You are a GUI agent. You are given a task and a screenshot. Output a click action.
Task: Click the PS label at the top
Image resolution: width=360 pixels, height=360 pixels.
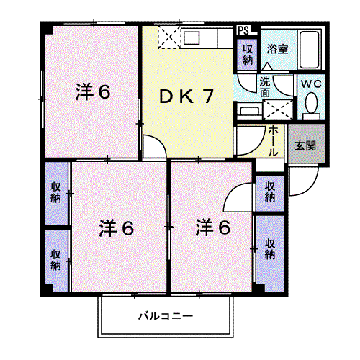click(x=243, y=30)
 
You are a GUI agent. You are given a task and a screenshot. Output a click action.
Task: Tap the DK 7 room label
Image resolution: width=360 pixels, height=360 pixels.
click(x=186, y=96)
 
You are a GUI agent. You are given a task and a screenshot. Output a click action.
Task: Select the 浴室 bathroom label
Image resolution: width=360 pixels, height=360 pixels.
click(x=277, y=49)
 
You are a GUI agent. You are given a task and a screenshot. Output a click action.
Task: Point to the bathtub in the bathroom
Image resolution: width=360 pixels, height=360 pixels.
click(x=309, y=49)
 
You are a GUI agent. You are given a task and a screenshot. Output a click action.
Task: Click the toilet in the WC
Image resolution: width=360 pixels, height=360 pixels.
click(x=311, y=106)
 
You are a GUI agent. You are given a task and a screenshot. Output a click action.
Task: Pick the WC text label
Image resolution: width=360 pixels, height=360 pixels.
click(x=311, y=84)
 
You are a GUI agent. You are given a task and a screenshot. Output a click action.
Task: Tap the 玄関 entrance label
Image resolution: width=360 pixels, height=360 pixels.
click(x=305, y=145)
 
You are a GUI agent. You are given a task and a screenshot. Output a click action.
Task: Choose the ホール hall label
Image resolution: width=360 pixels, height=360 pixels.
click(x=273, y=141)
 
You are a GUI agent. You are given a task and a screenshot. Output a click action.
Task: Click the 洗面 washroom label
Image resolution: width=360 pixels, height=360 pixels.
click(x=265, y=86)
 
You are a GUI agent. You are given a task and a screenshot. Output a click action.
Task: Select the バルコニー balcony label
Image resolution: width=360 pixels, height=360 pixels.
click(x=166, y=316)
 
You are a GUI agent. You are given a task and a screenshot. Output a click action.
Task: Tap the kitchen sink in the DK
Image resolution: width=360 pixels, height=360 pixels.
click(x=192, y=38)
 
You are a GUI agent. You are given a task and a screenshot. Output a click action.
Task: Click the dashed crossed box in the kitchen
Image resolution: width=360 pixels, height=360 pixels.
click(x=169, y=37)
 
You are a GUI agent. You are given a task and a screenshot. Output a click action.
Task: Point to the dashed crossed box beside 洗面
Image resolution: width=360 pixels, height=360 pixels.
click(x=278, y=109)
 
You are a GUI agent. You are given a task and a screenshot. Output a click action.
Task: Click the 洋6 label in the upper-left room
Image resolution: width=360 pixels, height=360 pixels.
click(x=93, y=91)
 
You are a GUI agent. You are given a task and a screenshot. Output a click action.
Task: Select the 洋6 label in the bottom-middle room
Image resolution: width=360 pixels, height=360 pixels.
click(x=117, y=228)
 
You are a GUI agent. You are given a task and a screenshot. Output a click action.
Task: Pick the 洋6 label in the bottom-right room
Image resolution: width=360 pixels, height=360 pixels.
click(x=213, y=227)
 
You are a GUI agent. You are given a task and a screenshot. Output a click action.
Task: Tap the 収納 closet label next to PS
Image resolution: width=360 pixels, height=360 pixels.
click(x=248, y=55)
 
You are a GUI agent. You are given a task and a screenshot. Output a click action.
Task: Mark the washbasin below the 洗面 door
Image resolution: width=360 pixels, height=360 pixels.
click(x=249, y=111)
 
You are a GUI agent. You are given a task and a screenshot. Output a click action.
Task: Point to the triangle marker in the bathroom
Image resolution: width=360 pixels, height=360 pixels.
click(x=267, y=66)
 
